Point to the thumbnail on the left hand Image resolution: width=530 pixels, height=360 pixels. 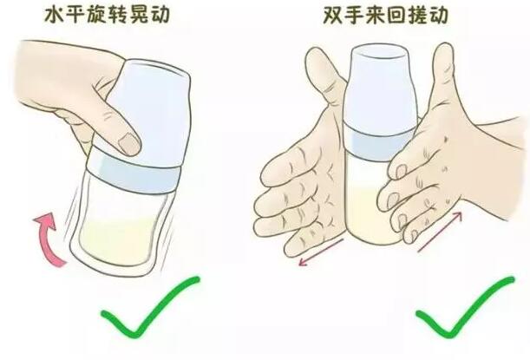pyautogui.click(x=128, y=140)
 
